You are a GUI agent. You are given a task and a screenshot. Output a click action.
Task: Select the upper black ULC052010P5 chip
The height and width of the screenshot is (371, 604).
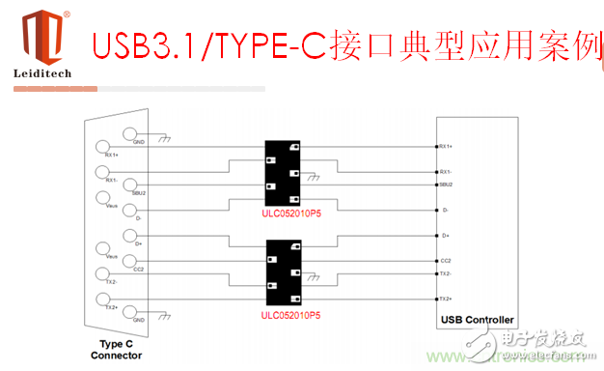click(285, 169)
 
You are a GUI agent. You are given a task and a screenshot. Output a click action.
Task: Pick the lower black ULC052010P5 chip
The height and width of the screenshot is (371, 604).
click(285, 269)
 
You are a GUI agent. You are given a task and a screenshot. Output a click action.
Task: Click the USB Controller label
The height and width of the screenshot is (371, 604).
click(477, 320)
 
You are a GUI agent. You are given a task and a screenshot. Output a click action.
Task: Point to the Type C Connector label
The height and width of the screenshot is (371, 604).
click(122, 349)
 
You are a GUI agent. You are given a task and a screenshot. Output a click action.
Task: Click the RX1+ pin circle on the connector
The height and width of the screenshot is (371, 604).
click(103, 148)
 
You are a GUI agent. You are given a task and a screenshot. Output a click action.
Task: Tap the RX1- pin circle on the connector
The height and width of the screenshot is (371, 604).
click(103, 173)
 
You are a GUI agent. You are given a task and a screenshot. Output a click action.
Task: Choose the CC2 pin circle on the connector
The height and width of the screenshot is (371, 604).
click(128, 262)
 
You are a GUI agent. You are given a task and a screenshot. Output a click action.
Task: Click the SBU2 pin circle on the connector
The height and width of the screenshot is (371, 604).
click(128, 185)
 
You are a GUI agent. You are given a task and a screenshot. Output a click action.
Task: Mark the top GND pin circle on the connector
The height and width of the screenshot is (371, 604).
click(128, 135)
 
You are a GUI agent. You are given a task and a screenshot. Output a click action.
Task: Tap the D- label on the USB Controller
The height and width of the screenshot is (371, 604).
click(445, 211)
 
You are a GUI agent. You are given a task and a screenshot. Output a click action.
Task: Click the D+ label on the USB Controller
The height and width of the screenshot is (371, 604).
click(445, 236)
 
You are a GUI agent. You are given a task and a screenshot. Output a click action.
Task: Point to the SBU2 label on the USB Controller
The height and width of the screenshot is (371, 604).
click(446, 184)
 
